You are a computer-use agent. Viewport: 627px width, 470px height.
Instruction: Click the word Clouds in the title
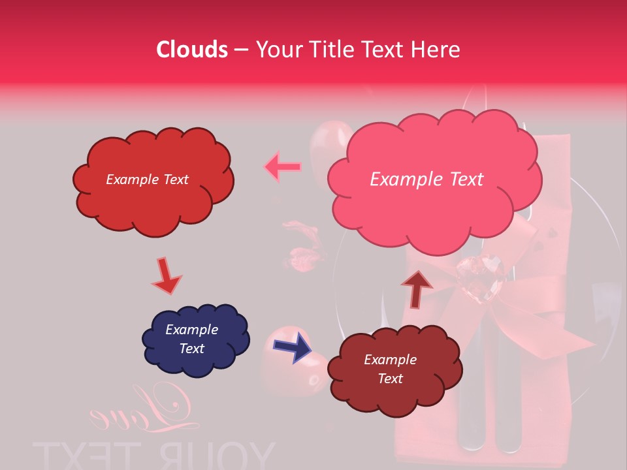pos(192,50)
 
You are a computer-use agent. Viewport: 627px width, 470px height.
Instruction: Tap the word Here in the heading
pos(438,50)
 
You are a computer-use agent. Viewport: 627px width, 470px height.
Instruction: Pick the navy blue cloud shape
pos(195,340)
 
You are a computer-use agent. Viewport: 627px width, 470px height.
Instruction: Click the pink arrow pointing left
pos(282,167)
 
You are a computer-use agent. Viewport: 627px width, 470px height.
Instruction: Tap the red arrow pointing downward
pos(166,275)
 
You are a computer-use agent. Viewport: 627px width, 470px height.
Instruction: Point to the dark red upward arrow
pos(417,288)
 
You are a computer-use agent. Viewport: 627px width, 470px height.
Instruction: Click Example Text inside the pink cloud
pos(426,180)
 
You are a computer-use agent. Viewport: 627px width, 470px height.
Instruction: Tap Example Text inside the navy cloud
pos(191,339)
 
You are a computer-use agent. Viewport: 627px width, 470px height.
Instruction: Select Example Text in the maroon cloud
pos(390,369)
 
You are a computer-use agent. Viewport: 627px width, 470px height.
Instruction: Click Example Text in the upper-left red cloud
pos(147,180)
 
